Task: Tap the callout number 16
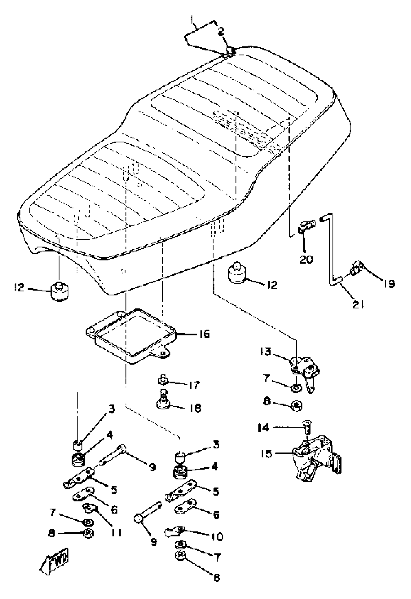click(204, 334)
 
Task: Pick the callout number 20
click(306, 259)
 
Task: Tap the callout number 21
click(358, 305)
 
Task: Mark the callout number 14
click(264, 428)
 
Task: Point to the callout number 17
click(193, 385)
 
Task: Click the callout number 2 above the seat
click(221, 31)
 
